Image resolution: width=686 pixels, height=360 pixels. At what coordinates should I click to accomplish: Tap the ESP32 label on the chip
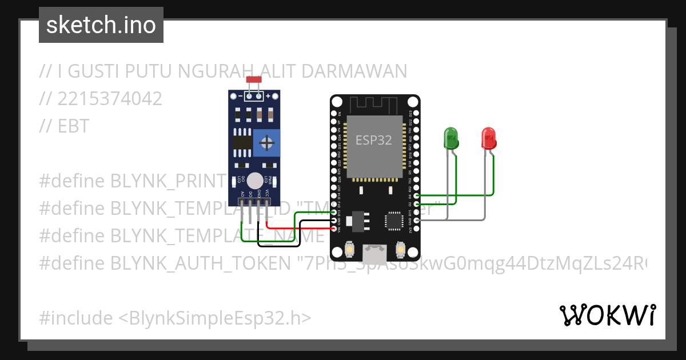pos(374,140)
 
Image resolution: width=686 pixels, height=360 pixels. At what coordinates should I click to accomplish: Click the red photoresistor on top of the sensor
pos(254,80)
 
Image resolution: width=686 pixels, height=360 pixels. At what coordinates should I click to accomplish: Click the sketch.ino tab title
pos(101,25)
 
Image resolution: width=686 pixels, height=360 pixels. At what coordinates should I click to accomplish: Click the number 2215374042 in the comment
pos(109,99)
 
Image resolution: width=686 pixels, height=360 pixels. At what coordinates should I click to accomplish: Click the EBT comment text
pos(73,126)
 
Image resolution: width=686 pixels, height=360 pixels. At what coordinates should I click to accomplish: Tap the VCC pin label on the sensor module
pos(267,193)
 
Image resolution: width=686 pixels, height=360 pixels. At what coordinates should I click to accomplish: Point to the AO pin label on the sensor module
pos(242,194)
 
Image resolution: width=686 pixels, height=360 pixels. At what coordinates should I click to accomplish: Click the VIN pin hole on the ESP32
pos(335,230)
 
